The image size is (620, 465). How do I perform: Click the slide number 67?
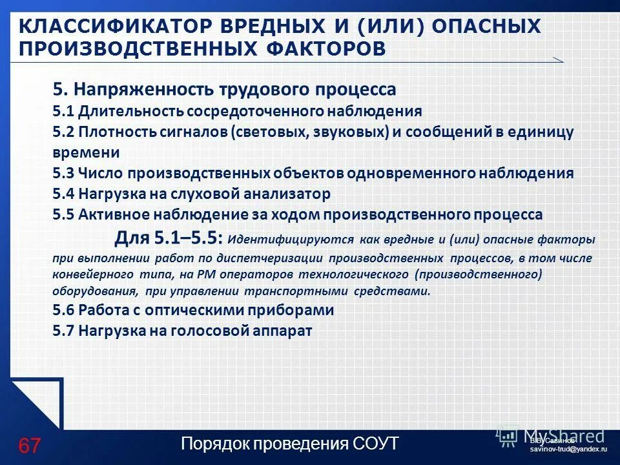29,445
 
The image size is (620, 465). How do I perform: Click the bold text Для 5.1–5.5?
169,238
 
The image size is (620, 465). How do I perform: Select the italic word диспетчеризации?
271,258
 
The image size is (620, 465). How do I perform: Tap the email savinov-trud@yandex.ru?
568,448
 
